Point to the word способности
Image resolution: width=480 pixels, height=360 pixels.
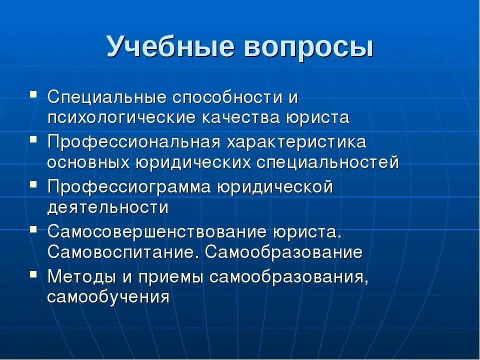(x=217, y=97)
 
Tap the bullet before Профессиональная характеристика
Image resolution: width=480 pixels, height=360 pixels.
(x=33, y=138)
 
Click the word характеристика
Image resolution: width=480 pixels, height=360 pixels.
(x=296, y=142)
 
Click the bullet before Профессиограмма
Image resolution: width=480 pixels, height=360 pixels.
(x=33, y=183)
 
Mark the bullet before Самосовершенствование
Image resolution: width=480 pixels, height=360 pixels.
(x=33, y=228)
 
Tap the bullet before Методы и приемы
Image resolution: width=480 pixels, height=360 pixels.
(x=33, y=273)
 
